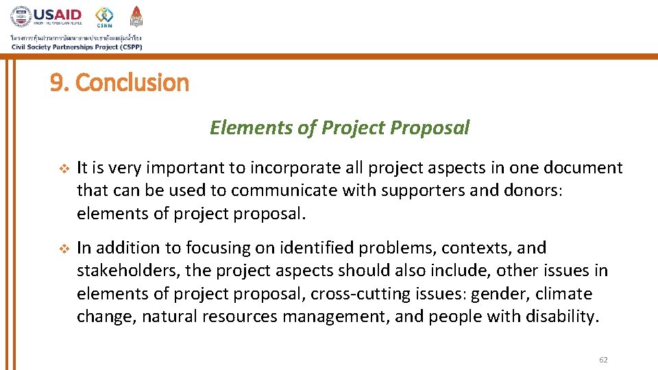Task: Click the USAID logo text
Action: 58,14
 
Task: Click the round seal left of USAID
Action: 21,16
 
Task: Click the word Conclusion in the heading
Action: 132,83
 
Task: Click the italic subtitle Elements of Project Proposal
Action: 339,128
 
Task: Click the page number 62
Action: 603,360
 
